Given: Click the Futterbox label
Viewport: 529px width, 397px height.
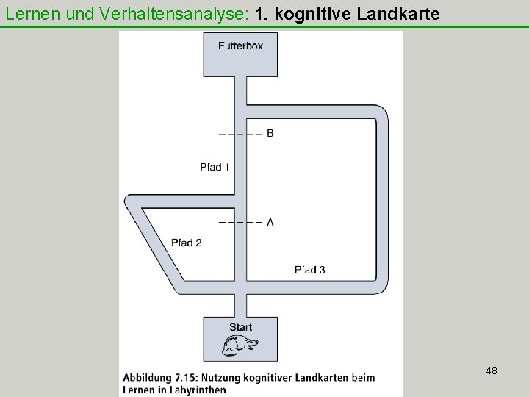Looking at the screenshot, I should (240, 46).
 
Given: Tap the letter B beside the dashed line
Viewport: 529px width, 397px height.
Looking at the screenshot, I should (270, 134).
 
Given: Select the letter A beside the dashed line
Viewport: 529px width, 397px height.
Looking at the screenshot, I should (270, 222).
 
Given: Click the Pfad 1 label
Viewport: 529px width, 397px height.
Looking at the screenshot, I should (215, 167).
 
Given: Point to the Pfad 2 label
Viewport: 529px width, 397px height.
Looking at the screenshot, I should (186, 243).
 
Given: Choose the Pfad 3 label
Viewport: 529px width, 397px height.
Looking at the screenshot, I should (309, 270).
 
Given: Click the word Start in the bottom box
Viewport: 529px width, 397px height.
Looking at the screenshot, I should (240, 327).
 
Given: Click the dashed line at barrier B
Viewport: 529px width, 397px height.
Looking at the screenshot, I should (240, 135).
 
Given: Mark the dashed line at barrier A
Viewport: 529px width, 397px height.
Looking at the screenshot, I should (240, 222).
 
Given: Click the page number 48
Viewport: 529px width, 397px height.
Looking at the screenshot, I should (492, 371).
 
